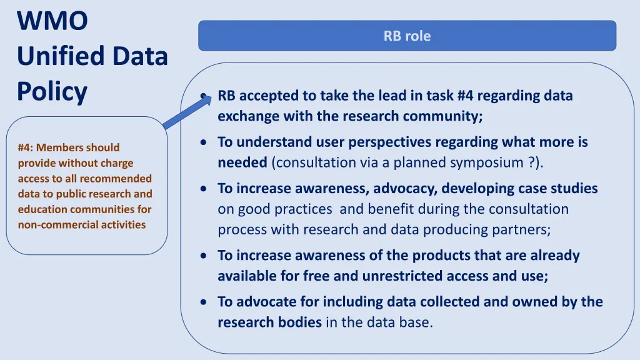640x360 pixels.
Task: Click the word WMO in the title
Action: [52, 21]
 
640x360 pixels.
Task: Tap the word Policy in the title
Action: [52, 92]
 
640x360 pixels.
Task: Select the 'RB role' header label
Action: [407, 36]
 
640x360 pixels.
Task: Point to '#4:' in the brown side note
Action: [26, 147]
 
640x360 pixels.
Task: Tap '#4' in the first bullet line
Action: [466, 96]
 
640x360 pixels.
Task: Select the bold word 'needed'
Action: [242, 162]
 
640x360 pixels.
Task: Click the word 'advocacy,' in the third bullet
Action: [409, 188]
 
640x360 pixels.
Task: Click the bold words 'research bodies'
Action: [269, 322]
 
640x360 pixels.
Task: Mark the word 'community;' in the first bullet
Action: [442, 116]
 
